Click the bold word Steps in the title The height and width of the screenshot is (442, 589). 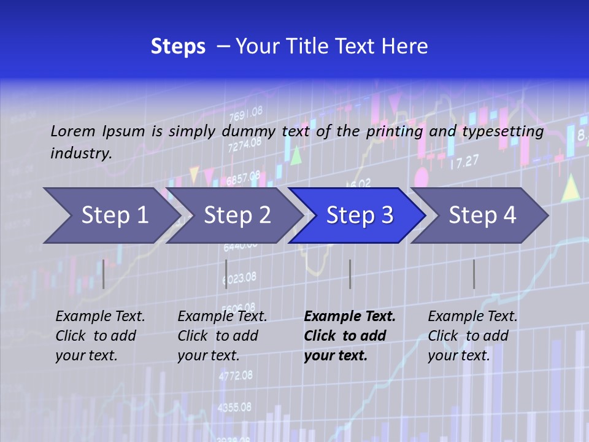pyautogui.click(x=178, y=47)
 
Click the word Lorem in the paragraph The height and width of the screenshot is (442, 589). pyautogui.click(x=72, y=131)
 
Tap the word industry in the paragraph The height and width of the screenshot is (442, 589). pyautogui.click(x=80, y=153)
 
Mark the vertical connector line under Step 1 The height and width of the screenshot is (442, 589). pyautogui.click(x=104, y=274)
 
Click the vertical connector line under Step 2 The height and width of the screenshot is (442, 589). pyautogui.click(x=226, y=274)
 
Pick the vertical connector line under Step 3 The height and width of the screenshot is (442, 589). pyautogui.click(x=350, y=274)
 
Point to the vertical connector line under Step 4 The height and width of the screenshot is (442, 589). pyautogui.click(x=474, y=274)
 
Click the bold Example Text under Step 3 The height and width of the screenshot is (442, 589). pyautogui.click(x=350, y=317)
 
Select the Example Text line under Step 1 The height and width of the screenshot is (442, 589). pyautogui.click(x=100, y=317)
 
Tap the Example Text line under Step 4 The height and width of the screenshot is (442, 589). pyautogui.click(x=472, y=317)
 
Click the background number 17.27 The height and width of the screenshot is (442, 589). pyautogui.click(x=464, y=162)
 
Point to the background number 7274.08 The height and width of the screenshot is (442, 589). pyautogui.click(x=244, y=145)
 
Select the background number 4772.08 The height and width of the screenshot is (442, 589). pyautogui.click(x=236, y=375)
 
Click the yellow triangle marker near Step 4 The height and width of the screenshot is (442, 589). pyautogui.click(x=571, y=188)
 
